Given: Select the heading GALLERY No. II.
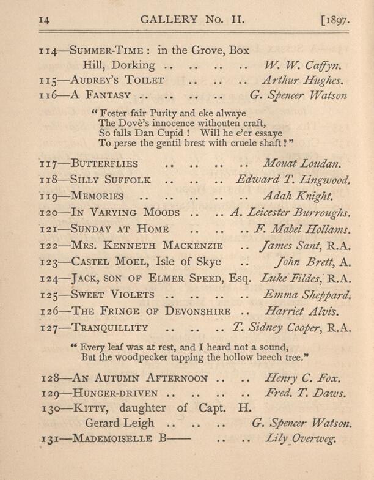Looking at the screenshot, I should (x=193, y=20).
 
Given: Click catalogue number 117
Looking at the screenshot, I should (x=48, y=164).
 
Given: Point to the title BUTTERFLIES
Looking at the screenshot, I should (x=104, y=164).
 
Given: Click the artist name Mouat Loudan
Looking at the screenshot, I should (x=300, y=164).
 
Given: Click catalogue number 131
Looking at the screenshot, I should (x=48, y=439).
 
